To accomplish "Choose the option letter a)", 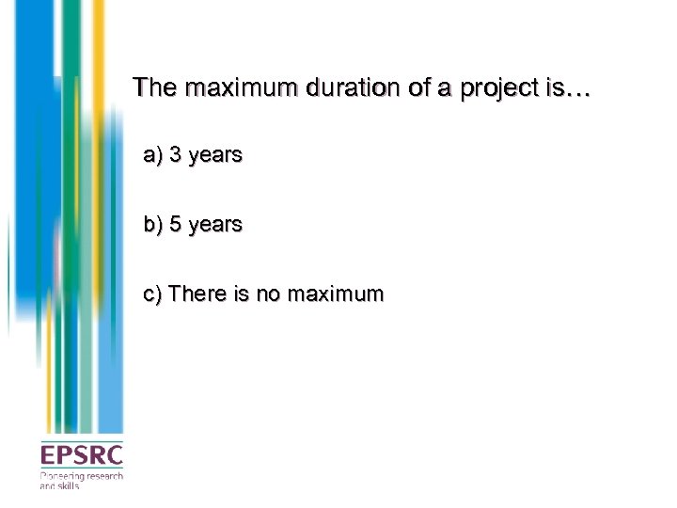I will click(153, 154).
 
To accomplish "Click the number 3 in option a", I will click(176, 154).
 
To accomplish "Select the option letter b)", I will click(153, 225).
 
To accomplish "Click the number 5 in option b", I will click(176, 225).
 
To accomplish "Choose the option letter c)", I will click(153, 294).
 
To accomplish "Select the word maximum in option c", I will click(335, 294).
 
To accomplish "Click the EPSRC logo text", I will click(81, 456).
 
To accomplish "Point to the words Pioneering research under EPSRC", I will click(81, 477).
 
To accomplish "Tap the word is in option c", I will click(242, 294).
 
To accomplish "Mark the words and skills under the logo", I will click(59, 486).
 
